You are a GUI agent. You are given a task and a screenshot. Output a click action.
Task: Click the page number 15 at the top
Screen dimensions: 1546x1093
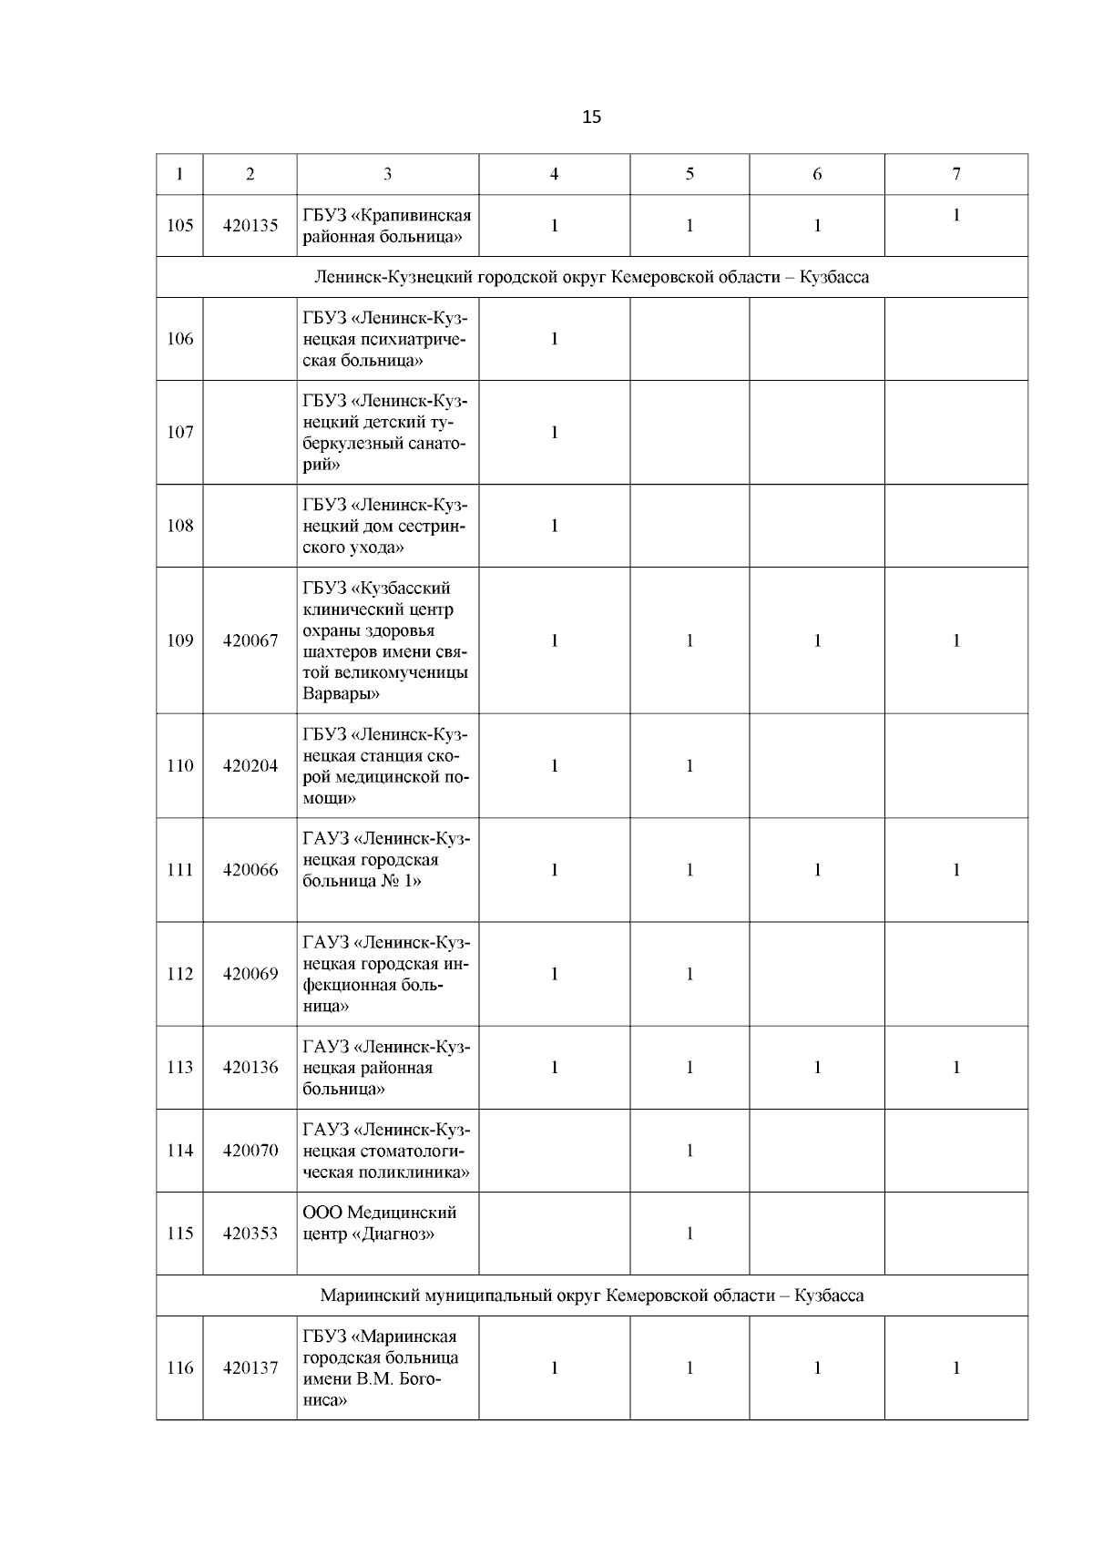click(591, 117)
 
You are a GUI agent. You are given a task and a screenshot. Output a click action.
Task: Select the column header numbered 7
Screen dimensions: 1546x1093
click(955, 174)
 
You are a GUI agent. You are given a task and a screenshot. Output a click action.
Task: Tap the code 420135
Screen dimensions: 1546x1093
click(250, 225)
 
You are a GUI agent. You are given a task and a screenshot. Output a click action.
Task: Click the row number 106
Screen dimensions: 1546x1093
click(180, 339)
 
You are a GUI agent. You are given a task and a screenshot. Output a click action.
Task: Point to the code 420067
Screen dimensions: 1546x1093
click(250, 640)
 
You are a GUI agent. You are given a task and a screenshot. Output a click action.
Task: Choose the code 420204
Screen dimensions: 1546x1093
click(250, 765)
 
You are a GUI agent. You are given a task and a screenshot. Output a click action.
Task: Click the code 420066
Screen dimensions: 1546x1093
click(250, 870)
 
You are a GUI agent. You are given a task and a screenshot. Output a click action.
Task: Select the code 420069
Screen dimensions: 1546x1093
click(250, 974)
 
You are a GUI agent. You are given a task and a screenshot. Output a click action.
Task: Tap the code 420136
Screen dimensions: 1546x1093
click(250, 1068)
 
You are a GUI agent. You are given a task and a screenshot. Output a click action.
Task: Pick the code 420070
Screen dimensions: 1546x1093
click(250, 1151)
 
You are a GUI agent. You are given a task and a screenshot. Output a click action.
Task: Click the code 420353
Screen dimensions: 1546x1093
click(250, 1234)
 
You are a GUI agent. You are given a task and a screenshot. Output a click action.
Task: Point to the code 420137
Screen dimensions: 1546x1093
click(250, 1367)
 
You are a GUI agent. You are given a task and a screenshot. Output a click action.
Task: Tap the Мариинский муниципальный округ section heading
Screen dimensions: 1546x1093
click(592, 1295)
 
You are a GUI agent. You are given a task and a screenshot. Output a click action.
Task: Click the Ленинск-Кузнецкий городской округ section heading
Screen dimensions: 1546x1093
click(592, 277)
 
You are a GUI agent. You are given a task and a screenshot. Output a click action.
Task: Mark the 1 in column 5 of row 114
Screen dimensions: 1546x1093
click(690, 1151)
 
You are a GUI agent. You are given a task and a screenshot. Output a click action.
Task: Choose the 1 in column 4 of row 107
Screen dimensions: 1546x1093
click(554, 433)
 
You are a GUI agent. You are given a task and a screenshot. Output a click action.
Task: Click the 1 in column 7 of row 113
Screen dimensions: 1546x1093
click(955, 1068)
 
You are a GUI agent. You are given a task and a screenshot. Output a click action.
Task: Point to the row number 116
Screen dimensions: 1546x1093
click(180, 1367)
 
